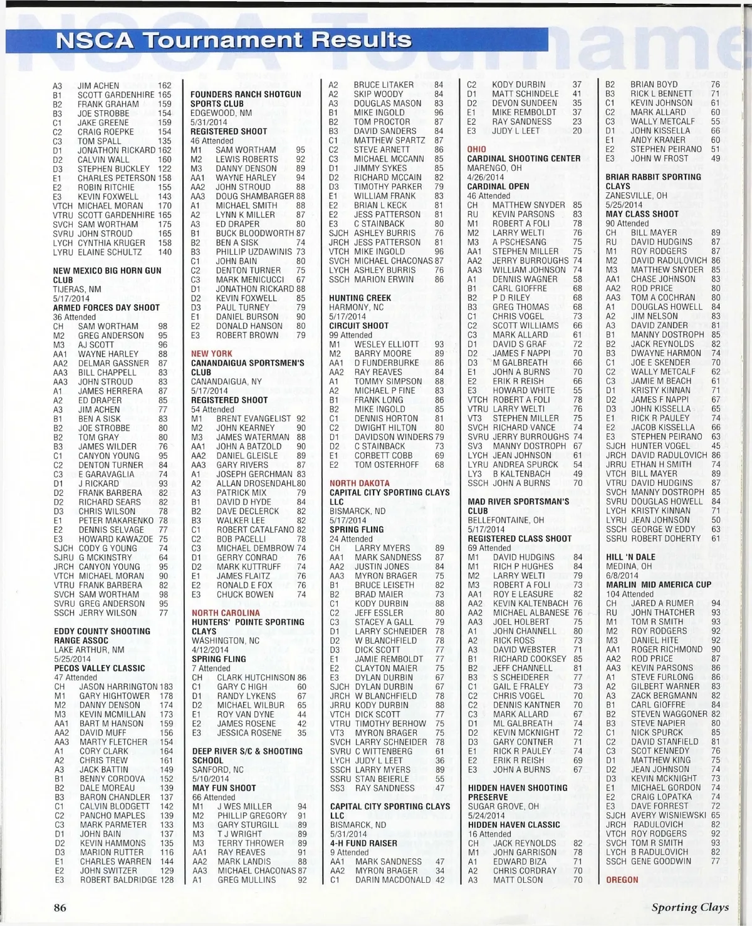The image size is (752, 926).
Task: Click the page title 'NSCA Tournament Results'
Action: pos(234,40)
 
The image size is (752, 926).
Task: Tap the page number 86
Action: pos(60,907)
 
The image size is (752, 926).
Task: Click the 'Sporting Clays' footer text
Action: pos(690,907)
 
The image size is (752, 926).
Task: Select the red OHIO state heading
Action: pos(476,150)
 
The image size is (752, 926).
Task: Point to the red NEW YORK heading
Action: pos(212,354)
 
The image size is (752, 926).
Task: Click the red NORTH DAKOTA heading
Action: pos(359,483)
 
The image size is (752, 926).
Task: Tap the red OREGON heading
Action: pos(622,880)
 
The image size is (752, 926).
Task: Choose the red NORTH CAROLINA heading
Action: pos(226,613)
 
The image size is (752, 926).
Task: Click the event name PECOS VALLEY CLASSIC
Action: pos(99,668)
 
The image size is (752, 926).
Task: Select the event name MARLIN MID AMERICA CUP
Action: pos(659,585)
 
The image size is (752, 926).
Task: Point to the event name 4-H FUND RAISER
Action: pos(363,843)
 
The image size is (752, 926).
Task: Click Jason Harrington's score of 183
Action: pos(165,687)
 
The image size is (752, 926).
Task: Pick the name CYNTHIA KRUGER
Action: pos(112,243)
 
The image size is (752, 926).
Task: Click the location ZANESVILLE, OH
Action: pos(636,195)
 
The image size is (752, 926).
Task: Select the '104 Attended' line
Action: pos(629,594)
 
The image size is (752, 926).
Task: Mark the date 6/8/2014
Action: pos(622,575)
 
